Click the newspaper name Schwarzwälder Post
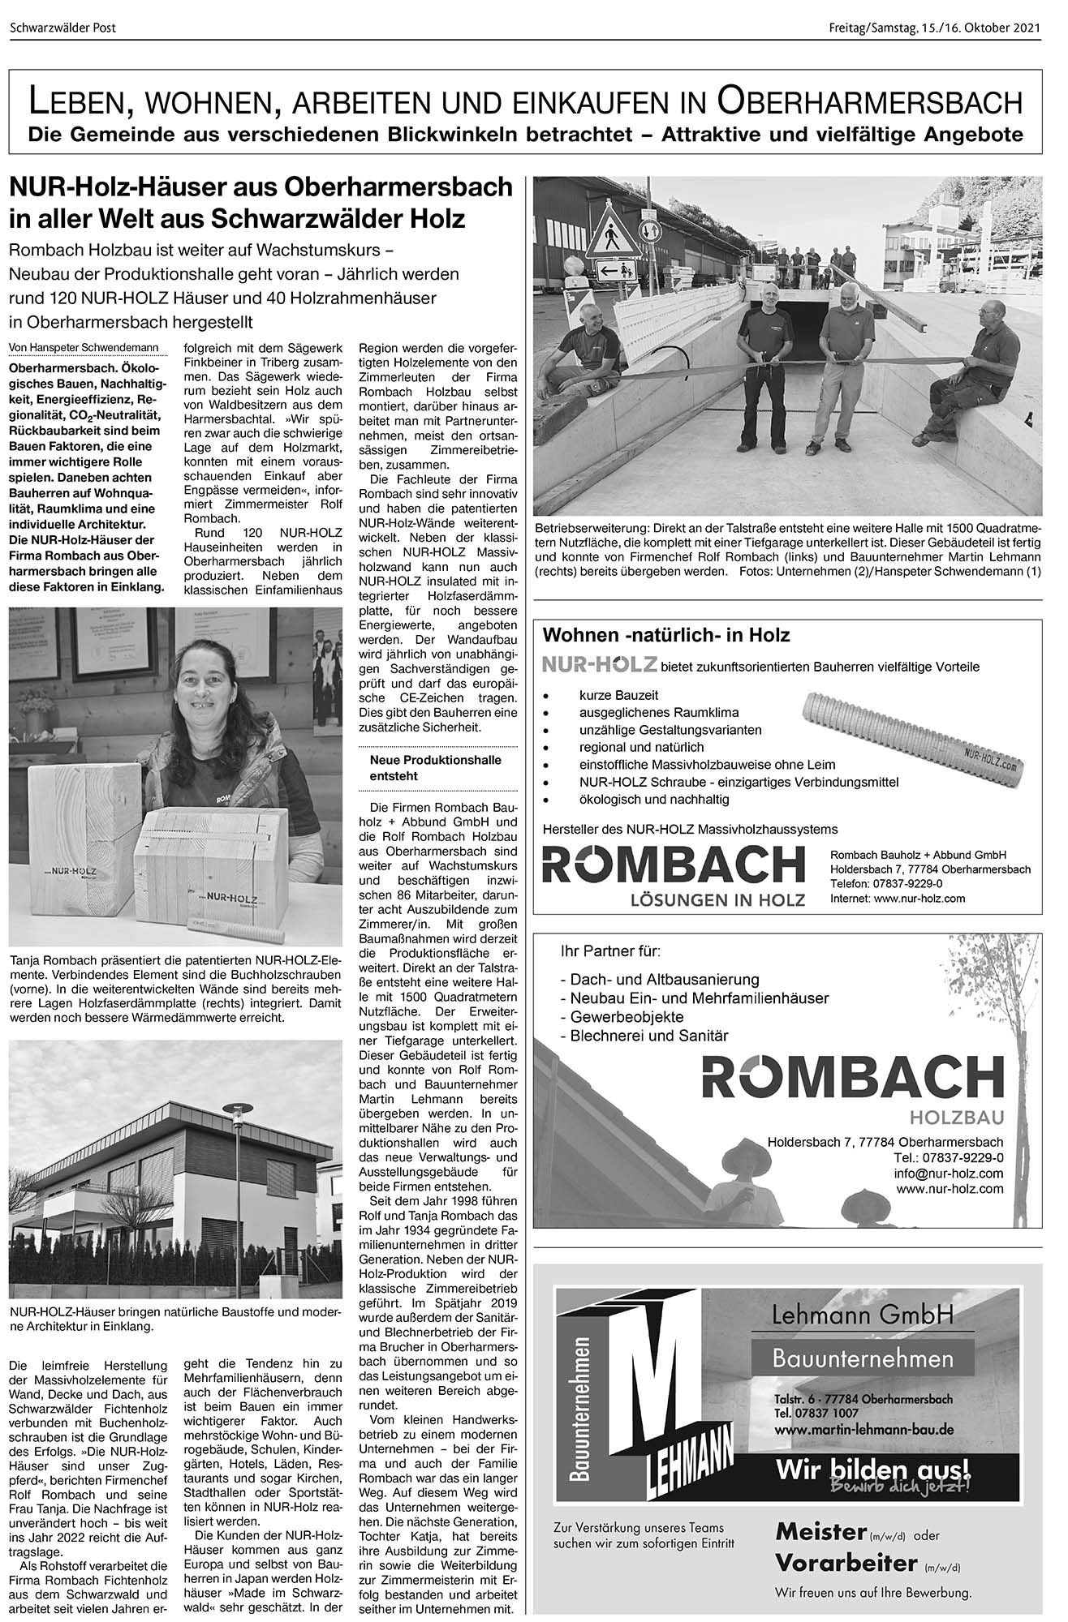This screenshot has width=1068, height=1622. pos(63,28)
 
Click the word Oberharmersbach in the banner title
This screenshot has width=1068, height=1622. pos(869,103)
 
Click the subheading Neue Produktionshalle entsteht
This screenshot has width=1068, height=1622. pos(435,767)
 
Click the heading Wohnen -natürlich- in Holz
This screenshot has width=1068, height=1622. pos(665,634)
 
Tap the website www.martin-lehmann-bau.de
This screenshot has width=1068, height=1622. pos(863,1429)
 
